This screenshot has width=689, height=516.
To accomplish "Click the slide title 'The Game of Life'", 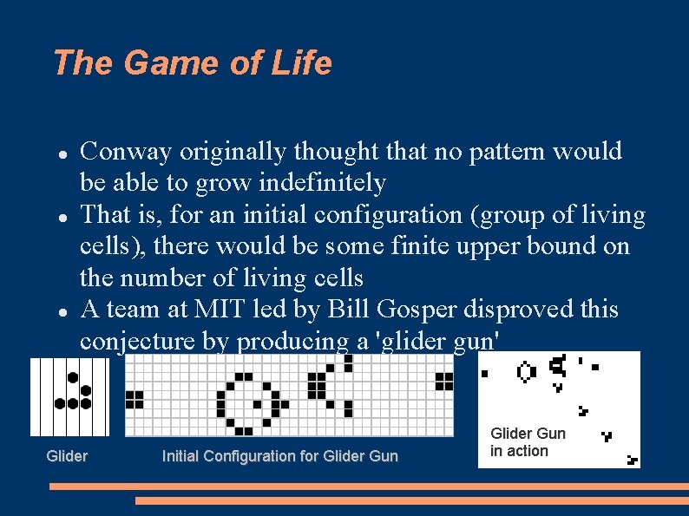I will click(x=192, y=63).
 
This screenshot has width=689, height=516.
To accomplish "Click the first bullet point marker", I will click(x=62, y=153).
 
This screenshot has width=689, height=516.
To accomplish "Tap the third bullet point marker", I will click(x=62, y=310).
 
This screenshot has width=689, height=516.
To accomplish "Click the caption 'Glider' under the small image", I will click(x=67, y=456).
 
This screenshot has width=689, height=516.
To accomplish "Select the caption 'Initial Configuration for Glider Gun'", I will click(x=279, y=456).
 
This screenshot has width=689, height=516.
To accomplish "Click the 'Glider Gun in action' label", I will click(x=527, y=442).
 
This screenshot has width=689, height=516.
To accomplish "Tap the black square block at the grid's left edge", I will click(x=134, y=399).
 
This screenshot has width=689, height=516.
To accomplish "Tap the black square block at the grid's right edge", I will click(x=444, y=382).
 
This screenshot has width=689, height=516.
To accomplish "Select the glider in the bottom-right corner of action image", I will click(x=633, y=460).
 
